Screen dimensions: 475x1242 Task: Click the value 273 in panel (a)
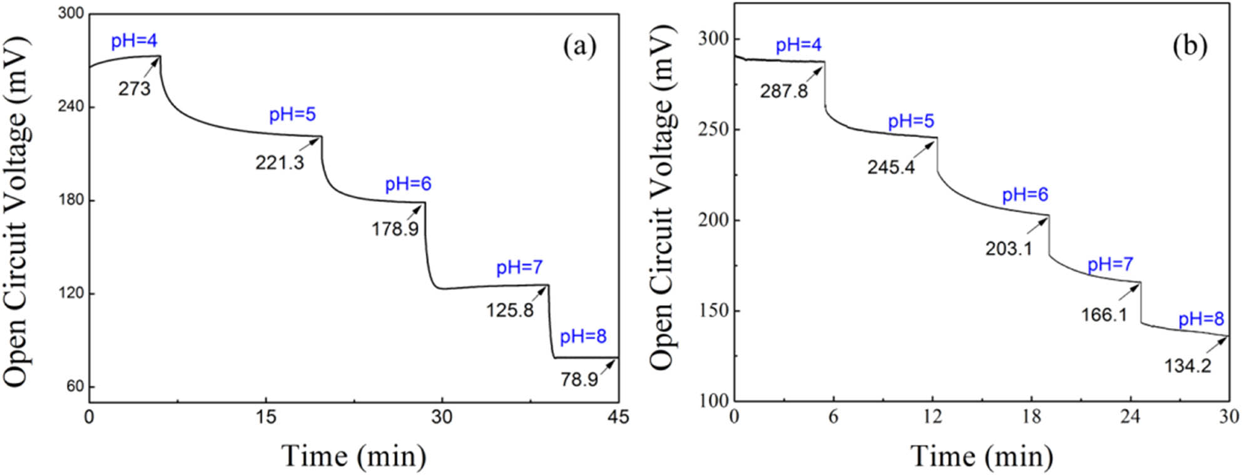(x=135, y=89)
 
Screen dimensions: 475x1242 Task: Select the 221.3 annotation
(x=279, y=162)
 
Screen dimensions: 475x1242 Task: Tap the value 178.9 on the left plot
(x=395, y=229)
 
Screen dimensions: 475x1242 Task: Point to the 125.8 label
(x=510, y=309)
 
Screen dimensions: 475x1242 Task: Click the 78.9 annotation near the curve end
(x=579, y=379)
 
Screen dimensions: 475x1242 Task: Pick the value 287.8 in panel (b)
(x=783, y=91)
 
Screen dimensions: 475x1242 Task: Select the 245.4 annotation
(x=890, y=167)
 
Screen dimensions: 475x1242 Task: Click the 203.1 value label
(x=1008, y=249)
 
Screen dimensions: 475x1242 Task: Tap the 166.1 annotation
(x=1104, y=314)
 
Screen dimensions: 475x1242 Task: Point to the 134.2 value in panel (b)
(x=1187, y=366)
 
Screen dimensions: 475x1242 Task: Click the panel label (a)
(x=579, y=47)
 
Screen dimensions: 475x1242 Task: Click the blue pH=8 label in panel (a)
(x=583, y=337)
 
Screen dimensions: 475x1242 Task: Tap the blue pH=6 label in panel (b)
(x=1025, y=195)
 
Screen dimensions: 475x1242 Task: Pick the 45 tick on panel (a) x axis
(x=618, y=417)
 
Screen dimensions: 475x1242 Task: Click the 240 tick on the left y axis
(x=71, y=106)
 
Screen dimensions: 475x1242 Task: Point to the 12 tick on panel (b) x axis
(x=932, y=416)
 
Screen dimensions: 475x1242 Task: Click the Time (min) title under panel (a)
(x=354, y=456)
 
